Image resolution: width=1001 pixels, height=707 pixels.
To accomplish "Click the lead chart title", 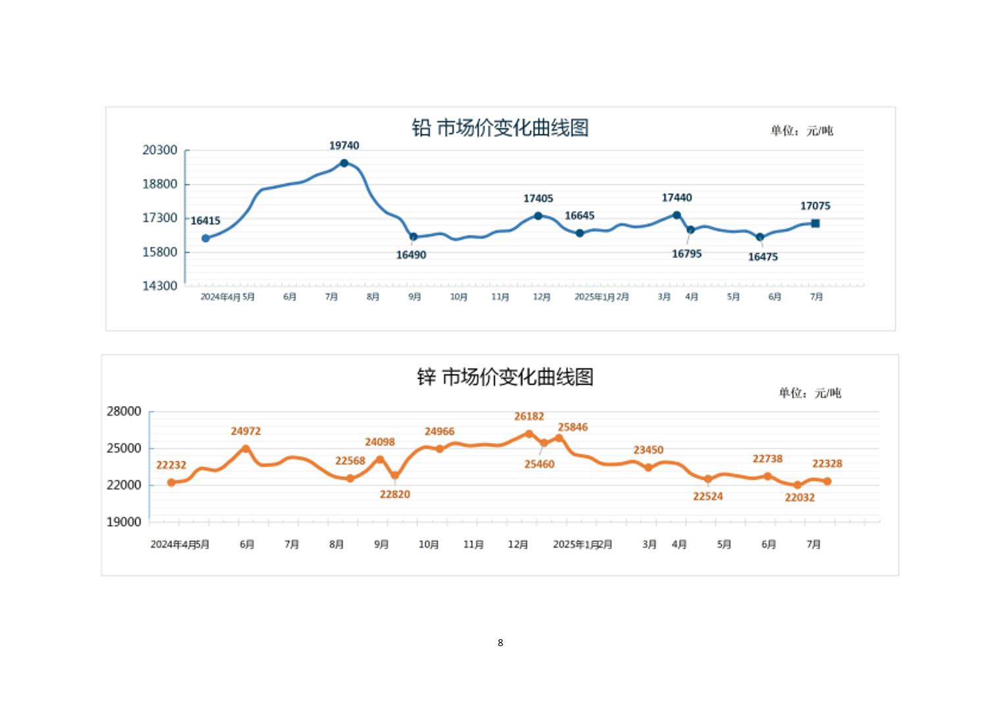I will click(500, 128).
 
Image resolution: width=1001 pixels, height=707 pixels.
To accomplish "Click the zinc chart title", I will click(505, 377).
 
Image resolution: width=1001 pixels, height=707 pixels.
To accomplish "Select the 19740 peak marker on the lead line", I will click(344, 163).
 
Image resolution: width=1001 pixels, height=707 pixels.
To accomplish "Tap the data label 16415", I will click(205, 221).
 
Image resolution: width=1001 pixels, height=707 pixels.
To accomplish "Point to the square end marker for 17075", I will click(815, 224).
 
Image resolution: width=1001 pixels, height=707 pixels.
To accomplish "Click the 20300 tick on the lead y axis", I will click(160, 150).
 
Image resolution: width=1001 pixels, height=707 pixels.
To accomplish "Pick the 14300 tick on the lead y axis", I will click(160, 286).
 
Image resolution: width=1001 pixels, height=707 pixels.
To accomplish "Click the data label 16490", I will click(411, 255).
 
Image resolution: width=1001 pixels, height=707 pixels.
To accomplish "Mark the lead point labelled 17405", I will click(538, 216).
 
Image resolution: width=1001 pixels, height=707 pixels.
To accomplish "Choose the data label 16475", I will click(763, 257).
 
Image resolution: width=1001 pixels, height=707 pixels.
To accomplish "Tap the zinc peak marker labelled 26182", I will click(529, 434).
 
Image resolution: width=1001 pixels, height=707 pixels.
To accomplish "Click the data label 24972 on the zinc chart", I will click(246, 432).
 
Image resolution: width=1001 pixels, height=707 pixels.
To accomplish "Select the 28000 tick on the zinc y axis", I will click(124, 411).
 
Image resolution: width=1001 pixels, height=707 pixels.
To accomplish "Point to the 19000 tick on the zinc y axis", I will click(124, 522).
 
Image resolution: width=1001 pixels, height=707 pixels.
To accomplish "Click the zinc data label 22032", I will click(799, 498).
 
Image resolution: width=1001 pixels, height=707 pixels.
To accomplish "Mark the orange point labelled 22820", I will click(395, 475).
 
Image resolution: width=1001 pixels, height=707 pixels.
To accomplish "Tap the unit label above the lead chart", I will click(801, 131).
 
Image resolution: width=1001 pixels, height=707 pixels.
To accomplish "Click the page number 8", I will click(500, 642).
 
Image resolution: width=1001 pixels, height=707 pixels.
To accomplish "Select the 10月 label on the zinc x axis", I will click(429, 544).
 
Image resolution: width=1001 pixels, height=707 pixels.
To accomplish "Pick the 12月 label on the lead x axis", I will click(541, 297).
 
